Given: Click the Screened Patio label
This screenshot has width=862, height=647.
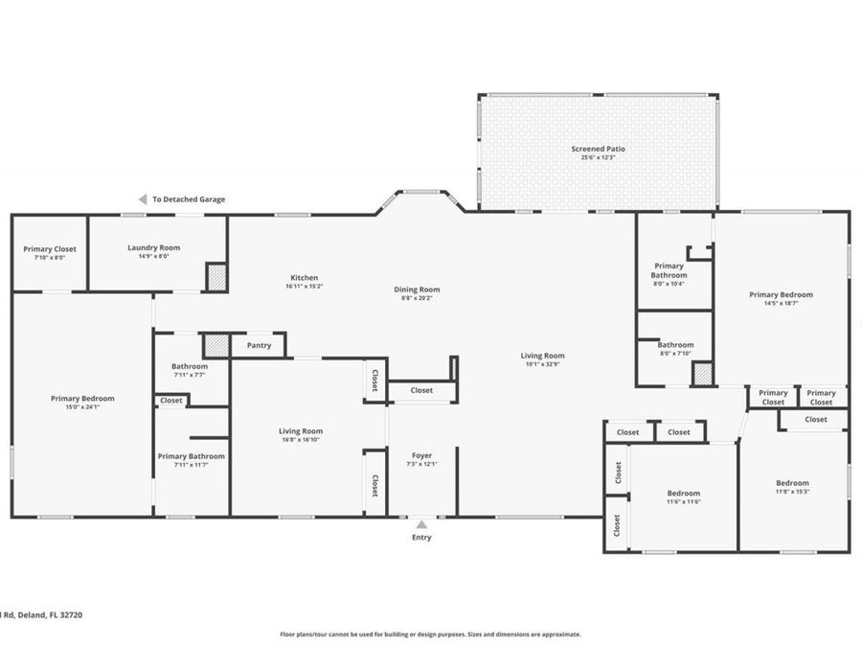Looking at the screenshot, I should coord(598,149).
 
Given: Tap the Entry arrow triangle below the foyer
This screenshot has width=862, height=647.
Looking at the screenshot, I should coord(421,524).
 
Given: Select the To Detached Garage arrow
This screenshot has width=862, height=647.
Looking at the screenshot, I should coord(143,199).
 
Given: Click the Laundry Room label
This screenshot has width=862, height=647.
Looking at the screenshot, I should coord(153,247).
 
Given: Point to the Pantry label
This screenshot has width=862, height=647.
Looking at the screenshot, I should coord(259,345).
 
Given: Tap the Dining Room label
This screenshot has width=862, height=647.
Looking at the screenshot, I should coord(417,289).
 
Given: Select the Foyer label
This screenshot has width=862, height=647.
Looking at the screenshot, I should coord(421,455).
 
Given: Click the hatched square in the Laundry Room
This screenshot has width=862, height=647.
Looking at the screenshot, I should coord(216,276).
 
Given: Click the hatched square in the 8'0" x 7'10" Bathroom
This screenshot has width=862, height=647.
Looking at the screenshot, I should coord(703,374).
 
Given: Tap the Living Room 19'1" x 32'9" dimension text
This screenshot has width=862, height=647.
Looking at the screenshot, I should coord(543,364).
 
